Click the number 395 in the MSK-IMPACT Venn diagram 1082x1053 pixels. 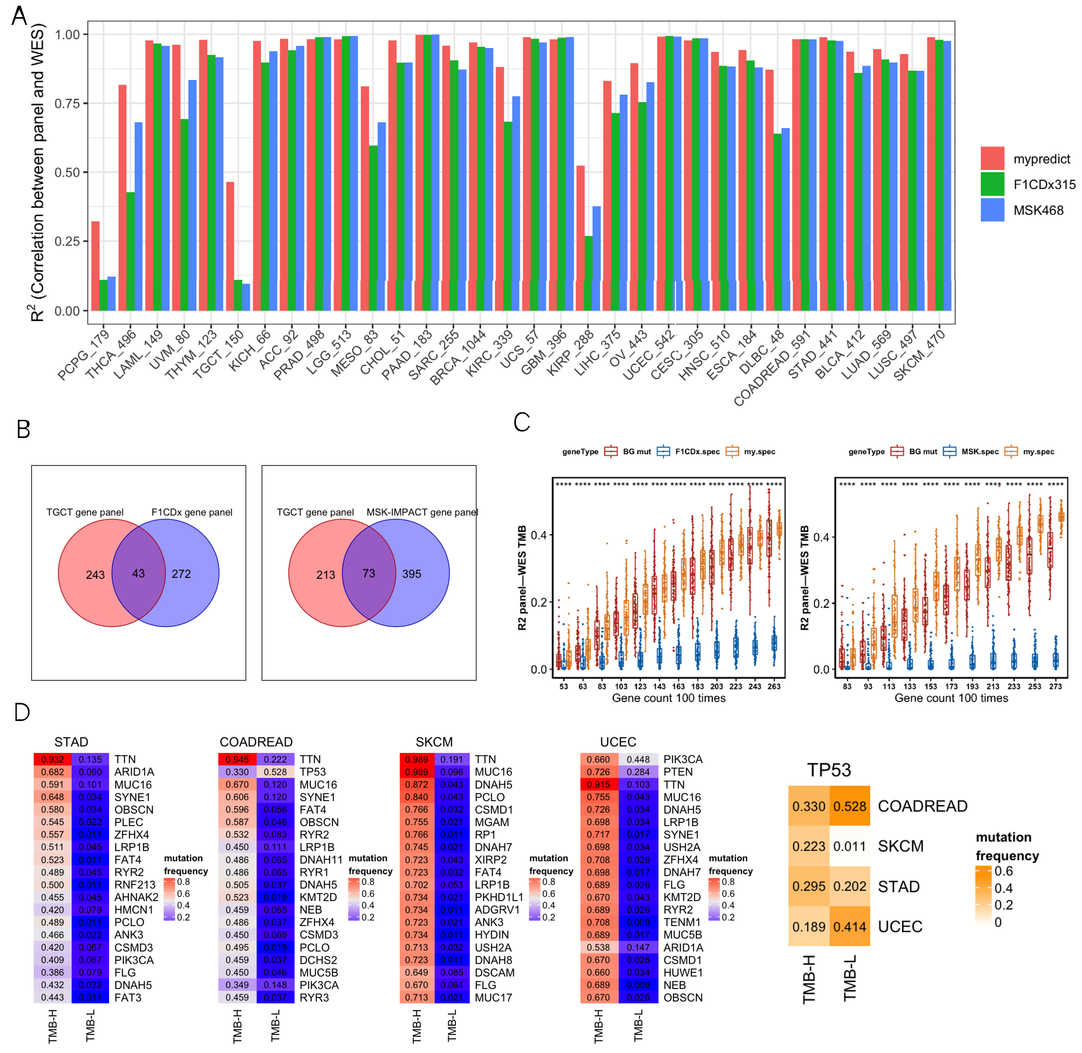coord(412,574)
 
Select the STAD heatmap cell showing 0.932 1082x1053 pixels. coord(53,759)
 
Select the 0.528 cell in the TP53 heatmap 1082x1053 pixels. coord(849,806)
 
